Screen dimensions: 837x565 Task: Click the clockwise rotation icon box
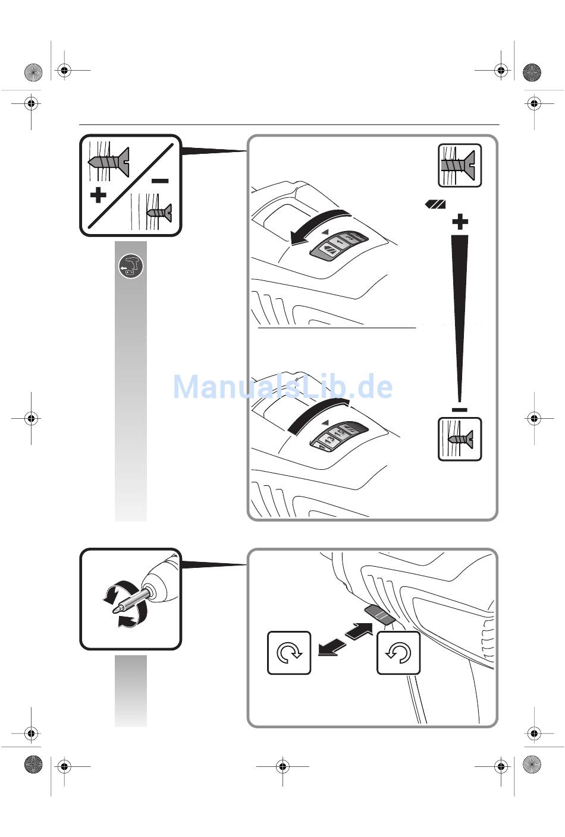click(x=289, y=653)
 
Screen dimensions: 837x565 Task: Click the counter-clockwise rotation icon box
click(x=398, y=653)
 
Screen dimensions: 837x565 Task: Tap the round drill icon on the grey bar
click(x=131, y=267)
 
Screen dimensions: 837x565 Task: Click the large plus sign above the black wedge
click(x=460, y=223)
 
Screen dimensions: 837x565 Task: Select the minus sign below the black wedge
click(x=460, y=410)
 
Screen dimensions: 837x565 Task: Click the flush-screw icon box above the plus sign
click(x=460, y=165)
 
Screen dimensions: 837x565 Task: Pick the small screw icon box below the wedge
click(x=460, y=439)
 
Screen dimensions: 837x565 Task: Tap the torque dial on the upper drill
click(x=338, y=244)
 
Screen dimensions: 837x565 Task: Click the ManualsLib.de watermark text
click(x=282, y=387)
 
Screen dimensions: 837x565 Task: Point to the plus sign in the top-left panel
click(x=98, y=195)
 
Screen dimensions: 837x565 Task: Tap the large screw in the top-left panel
click(x=109, y=161)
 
